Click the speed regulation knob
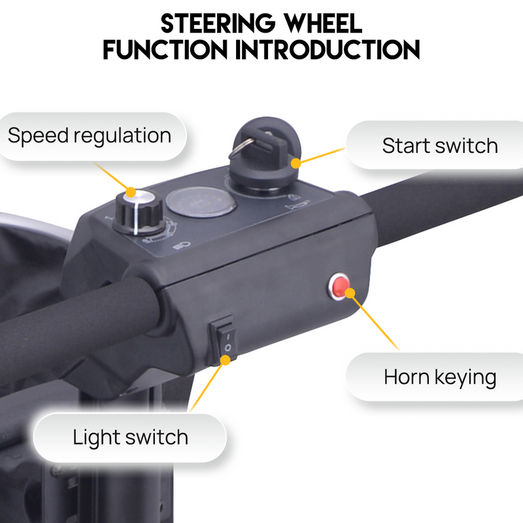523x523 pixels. pos(138,211)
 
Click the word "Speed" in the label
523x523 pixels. pos(37,137)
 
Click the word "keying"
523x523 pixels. pos(468,378)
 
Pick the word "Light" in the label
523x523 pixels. pos(95,437)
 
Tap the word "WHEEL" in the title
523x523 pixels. pos(324,24)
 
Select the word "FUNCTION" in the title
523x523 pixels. pos(166,50)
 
